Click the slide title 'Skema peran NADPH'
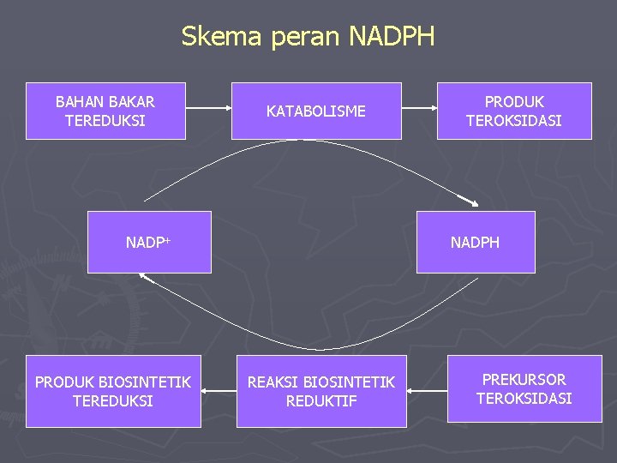(x=308, y=37)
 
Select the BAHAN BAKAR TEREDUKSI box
(x=105, y=111)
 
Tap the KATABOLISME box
(x=316, y=111)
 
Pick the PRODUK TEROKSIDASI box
(x=514, y=111)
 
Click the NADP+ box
(x=149, y=242)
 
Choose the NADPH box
(x=476, y=242)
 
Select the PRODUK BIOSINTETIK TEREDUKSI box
(x=113, y=391)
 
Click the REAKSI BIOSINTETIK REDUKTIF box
(x=321, y=391)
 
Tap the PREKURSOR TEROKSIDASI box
(x=524, y=388)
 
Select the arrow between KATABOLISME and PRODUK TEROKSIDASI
(x=419, y=109)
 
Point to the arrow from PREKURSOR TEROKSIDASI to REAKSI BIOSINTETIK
(x=427, y=391)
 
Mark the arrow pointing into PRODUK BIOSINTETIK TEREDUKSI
(x=219, y=391)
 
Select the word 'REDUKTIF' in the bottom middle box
(x=321, y=400)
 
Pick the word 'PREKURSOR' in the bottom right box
(x=524, y=379)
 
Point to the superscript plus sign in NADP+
(x=168, y=239)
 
